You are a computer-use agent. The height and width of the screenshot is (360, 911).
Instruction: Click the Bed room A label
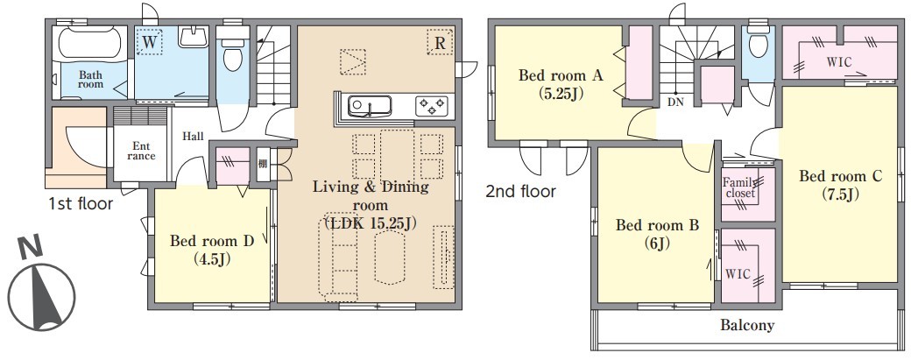coord(552,75)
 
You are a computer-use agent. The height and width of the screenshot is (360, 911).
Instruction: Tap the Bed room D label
coord(212,241)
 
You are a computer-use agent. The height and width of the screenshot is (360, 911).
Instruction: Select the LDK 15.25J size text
coord(371,223)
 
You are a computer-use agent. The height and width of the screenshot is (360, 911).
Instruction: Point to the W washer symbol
coord(150,42)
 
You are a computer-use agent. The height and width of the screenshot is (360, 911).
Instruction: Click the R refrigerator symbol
coord(440,43)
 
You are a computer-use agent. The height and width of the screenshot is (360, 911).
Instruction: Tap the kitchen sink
coord(370,107)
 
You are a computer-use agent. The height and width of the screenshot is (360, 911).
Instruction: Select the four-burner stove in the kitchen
coord(432,106)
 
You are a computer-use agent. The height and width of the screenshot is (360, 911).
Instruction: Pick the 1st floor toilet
coord(233,53)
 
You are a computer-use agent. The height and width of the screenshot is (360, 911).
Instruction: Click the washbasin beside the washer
coord(193,38)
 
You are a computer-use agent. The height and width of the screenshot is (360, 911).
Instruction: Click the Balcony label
coord(747,325)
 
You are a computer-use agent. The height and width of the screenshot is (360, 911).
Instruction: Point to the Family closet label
coord(739,187)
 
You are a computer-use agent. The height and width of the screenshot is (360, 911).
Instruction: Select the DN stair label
coord(675,102)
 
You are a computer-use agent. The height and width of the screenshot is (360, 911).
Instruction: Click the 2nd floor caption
coord(520,191)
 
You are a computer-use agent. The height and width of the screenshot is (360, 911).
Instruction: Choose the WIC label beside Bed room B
coord(738,273)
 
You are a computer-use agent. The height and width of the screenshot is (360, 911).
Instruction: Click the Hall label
coord(193,137)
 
